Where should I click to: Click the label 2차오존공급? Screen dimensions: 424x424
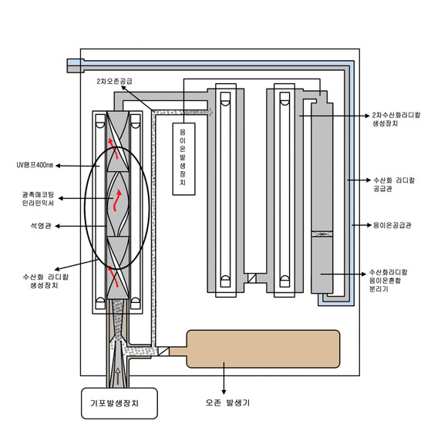114,81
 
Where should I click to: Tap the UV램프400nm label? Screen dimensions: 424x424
35,165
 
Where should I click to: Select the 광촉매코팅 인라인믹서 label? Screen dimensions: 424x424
38,199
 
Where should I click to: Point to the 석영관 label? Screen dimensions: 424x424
41,226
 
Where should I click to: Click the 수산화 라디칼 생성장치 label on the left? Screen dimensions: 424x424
45,281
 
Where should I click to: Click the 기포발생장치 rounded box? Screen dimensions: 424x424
119,403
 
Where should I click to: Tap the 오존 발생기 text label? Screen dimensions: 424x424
227,402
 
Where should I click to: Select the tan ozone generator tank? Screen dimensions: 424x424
263,348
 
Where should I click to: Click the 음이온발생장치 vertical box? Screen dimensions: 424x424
184,159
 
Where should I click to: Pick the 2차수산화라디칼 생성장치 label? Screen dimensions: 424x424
396,119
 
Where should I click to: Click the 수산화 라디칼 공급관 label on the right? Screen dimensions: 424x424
394,184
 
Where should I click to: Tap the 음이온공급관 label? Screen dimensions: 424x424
392,225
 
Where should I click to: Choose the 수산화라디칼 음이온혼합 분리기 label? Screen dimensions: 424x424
389,280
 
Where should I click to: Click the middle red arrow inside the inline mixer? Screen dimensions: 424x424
117,200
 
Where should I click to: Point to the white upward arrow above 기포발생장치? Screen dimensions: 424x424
118,376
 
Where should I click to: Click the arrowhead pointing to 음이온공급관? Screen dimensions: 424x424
368,225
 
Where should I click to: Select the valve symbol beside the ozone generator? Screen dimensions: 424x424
163,352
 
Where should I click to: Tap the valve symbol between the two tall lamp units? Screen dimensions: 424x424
252,278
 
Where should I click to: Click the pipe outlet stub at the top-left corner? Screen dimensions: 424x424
76,66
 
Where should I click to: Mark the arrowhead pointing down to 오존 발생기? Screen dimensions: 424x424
224,392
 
